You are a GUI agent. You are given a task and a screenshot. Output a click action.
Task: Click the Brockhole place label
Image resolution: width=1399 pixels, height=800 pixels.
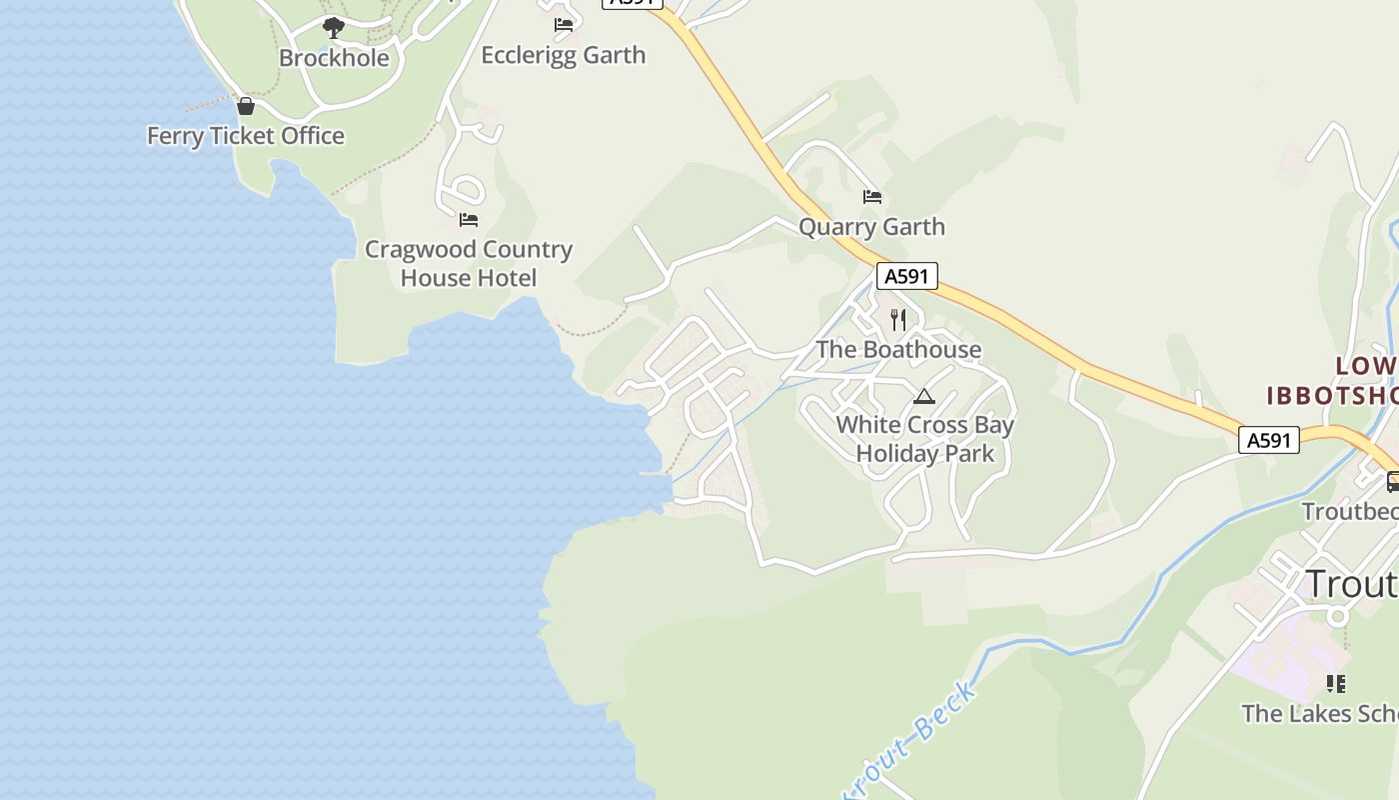[x=334, y=58]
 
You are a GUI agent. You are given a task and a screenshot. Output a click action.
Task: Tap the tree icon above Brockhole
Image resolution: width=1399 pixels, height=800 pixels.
[x=334, y=27]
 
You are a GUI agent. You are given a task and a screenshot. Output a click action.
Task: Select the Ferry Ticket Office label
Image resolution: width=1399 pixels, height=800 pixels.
[x=246, y=136]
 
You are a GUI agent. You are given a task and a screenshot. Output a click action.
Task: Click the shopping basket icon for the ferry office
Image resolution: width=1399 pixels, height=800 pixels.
[x=246, y=105]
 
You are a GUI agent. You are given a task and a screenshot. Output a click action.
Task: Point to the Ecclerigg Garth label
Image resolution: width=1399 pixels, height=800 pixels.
[x=564, y=55]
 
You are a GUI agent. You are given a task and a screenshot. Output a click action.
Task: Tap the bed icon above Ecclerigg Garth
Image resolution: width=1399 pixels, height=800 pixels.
[x=564, y=24]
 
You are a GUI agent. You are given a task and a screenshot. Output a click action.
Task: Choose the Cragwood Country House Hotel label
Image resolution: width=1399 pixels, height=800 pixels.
[x=469, y=263]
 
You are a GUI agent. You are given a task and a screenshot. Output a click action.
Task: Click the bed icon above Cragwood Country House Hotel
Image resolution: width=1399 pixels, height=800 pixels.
[x=469, y=219]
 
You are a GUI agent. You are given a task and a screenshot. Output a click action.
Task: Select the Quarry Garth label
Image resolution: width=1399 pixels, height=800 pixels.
[x=871, y=227]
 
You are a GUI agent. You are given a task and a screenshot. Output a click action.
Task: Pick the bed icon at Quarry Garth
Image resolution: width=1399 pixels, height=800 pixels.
[x=872, y=197]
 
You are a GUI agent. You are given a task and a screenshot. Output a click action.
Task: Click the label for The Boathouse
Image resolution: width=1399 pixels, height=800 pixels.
[x=898, y=350]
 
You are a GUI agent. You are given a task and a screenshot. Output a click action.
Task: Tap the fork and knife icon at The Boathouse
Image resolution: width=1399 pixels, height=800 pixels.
[x=898, y=320]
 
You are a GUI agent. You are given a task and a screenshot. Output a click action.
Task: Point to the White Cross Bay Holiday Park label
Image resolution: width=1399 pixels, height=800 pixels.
[x=925, y=439]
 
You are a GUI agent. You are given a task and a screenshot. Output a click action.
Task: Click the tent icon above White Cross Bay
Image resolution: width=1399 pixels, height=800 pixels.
[x=924, y=397]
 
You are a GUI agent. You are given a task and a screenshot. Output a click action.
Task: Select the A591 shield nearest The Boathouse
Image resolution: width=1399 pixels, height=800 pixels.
[x=907, y=276]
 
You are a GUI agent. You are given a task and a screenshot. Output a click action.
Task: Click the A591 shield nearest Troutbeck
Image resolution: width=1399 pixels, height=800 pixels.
[x=1269, y=440]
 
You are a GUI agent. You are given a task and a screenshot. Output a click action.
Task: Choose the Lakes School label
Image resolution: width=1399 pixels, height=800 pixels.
[x=1319, y=714]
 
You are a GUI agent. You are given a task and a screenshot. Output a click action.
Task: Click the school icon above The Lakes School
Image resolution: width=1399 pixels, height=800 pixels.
[x=1335, y=684]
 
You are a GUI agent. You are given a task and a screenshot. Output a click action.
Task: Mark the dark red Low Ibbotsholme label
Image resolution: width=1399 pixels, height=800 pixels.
[x=1333, y=381]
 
